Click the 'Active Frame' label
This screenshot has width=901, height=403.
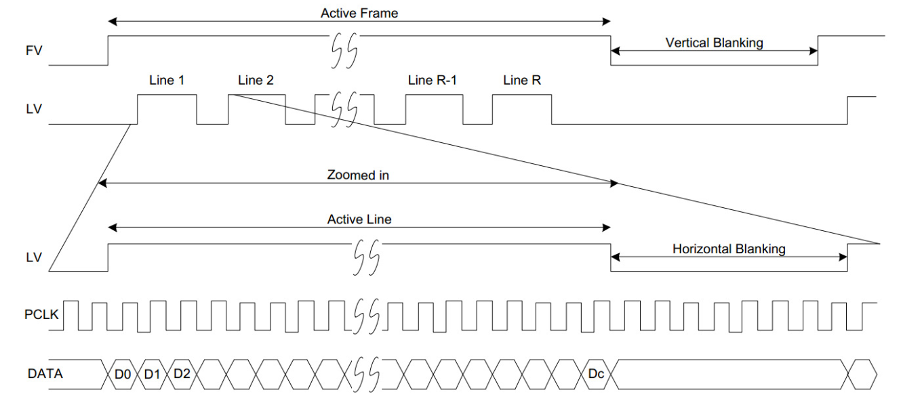(x=359, y=13)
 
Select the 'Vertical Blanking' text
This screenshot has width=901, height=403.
(x=714, y=43)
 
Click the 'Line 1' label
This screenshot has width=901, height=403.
(x=167, y=80)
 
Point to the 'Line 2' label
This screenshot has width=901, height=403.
(x=256, y=80)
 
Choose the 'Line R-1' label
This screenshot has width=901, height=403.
(x=433, y=80)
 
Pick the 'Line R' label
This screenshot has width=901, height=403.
(x=522, y=80)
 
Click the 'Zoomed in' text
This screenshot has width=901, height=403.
(x=359, y=175)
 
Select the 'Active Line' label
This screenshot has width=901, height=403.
(x=359, y=219)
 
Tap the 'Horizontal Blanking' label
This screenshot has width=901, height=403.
(x=729, y=249)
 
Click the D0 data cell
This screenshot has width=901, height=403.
(x=123, y=373)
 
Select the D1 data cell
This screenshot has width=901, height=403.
(x=153, y=373)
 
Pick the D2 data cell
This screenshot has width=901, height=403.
(x=182, y=373)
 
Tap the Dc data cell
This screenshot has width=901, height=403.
(x=597, y=373)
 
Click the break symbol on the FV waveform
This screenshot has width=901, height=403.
(x=344, y=50)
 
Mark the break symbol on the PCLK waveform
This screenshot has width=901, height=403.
(x=367, y=315)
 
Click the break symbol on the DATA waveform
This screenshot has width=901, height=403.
(x=367, y=373)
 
